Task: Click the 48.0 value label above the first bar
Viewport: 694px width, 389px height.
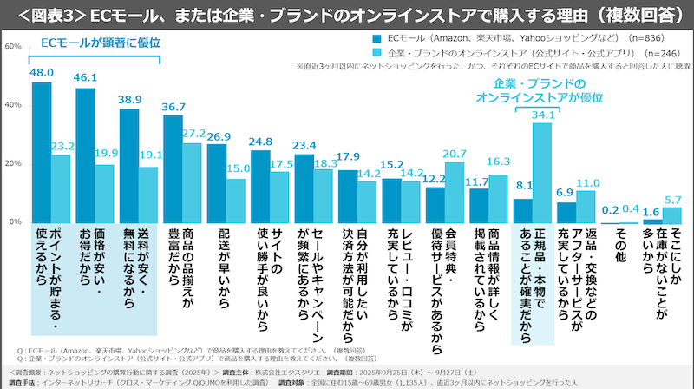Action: click(43, 75)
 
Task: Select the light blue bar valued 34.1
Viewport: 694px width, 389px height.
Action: click(542, 172)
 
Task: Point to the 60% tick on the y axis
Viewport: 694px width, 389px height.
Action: click(14, 46)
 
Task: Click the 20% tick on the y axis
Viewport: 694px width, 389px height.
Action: click(14, 163)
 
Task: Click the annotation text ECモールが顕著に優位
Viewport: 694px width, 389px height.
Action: click(92, 40)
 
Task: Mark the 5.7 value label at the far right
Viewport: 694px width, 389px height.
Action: click(672, 199)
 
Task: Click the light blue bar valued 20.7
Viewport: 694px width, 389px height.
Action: click(455, 192)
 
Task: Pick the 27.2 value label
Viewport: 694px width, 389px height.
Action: click(194, 133)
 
